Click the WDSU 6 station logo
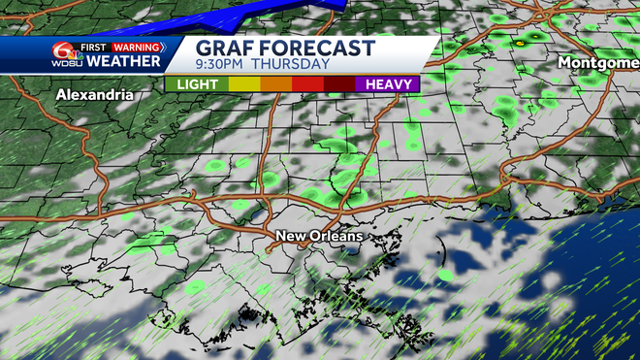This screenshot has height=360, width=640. pyautogui.click(x=67, y=54)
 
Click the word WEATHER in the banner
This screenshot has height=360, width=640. pyautogui.click(x=123, y=62)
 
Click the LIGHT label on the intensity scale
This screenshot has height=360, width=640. pyautogui.click(x=196, y=84)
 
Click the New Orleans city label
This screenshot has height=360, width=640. pyautogui.click(x=319, y=236)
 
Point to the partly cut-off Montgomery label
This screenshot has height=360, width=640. pyautogui.click(x=598, y=61)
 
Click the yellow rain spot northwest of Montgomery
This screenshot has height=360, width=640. pyautogui.click(x=520, y=43)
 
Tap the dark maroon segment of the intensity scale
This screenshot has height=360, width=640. pyautogui.click(x=338, y=84)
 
